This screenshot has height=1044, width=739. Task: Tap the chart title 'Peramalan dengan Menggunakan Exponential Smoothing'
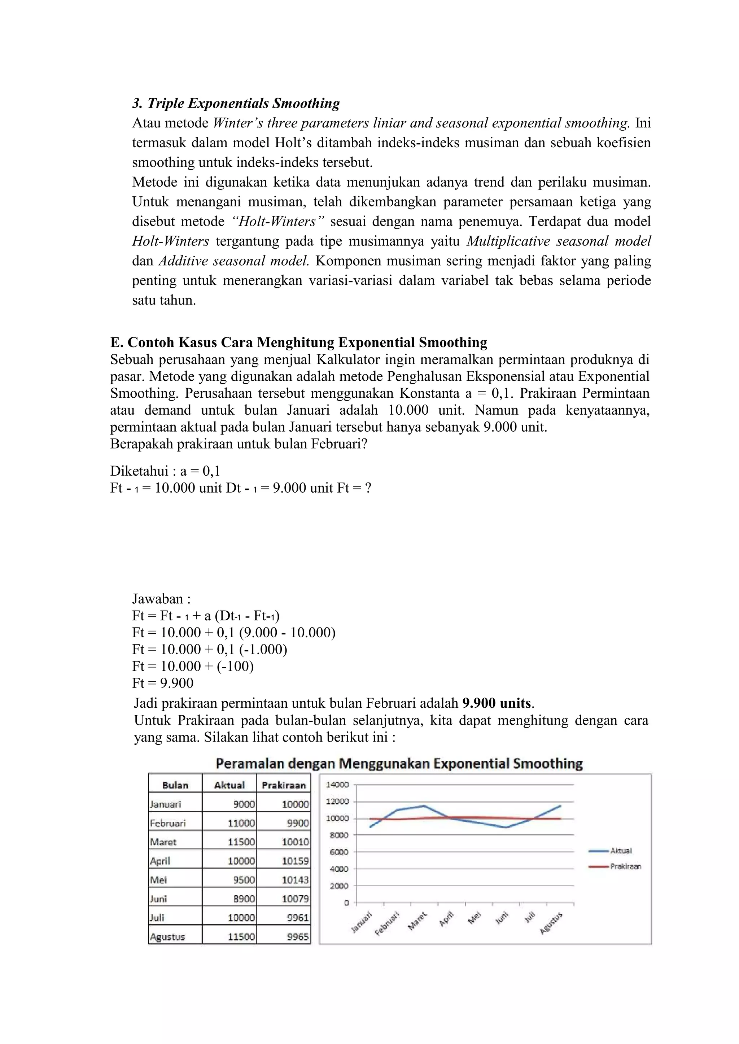(399, 763)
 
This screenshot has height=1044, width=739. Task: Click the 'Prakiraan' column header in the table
(284, 785)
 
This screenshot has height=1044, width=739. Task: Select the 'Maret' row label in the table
(163, 842)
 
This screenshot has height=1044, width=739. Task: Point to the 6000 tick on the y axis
(339, 852)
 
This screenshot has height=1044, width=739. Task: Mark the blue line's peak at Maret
(424, 805)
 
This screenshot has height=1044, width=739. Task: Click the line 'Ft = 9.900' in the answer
(163, 683)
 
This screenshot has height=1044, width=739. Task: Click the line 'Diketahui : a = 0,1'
(165, 471)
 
